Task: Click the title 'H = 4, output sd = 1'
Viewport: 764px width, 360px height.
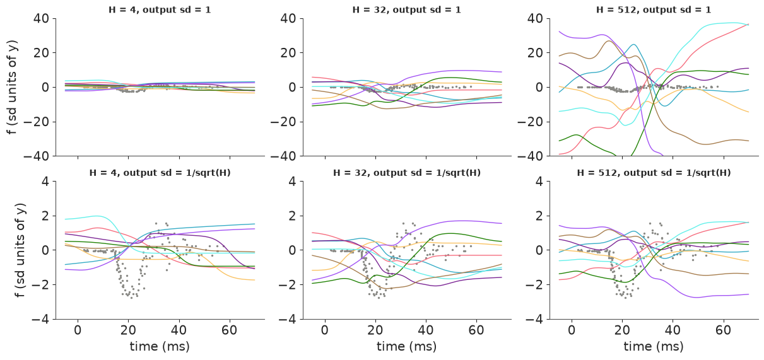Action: pos(160,9)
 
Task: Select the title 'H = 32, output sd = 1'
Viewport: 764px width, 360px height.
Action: pos(406,9)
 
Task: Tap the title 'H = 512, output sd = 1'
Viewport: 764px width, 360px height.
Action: pos(654,9)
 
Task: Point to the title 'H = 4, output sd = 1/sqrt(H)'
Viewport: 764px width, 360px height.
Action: pos(160,173)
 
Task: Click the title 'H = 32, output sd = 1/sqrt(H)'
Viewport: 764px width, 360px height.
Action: pos(407,173)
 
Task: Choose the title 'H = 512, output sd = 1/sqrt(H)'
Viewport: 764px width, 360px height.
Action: pos(654,173)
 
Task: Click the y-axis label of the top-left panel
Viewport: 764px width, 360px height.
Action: pos(12,87)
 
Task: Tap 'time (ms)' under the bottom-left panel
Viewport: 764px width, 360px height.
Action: pos(160,346)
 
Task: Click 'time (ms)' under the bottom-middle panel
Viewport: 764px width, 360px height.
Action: pos(406,346)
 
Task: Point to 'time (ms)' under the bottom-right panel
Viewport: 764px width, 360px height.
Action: pos(654,346)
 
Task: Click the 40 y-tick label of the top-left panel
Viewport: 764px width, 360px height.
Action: pos(41,18)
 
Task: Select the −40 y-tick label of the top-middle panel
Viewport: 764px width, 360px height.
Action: pos(283,156)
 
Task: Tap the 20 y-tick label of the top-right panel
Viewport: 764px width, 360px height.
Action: pos(535,53)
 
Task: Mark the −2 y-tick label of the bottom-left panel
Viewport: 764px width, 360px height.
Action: pos(40,285)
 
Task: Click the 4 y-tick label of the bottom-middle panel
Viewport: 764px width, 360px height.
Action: pos(292,182)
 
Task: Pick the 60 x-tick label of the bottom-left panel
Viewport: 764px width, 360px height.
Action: pos(229,330)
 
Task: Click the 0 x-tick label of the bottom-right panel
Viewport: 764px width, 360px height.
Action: pos(572,330)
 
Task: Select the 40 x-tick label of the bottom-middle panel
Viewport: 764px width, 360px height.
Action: pos(426,330)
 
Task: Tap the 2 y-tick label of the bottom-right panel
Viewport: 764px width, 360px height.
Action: pos(539,216)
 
